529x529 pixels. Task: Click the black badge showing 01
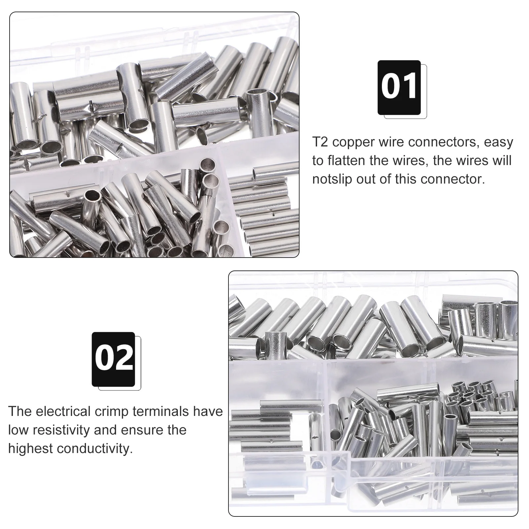[399, 88]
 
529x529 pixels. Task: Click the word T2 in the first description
[320, 142]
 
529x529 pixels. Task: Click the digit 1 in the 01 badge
[410, 87]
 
